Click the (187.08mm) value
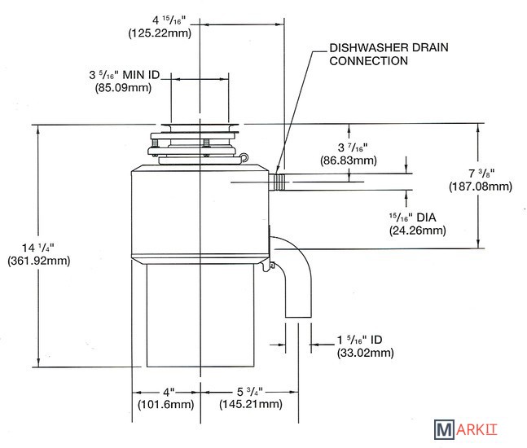coord(480,187)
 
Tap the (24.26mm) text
coord(417,231)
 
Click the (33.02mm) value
coord(365,353)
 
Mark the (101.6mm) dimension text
coord(165,405)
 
